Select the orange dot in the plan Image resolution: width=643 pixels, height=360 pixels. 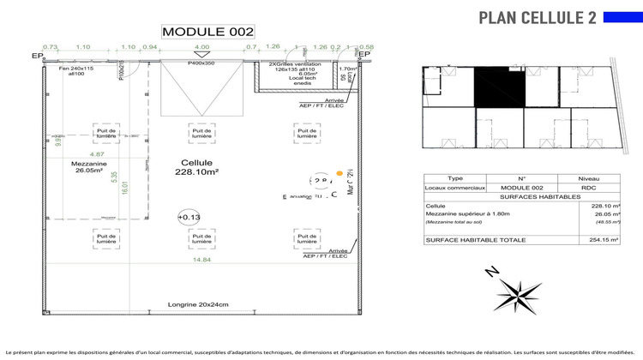(340, 174)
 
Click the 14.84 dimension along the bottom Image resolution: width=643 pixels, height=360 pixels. (202, 260)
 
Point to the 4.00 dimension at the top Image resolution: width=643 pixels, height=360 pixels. (201, 48)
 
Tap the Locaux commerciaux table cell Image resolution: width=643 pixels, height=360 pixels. (455, 187)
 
